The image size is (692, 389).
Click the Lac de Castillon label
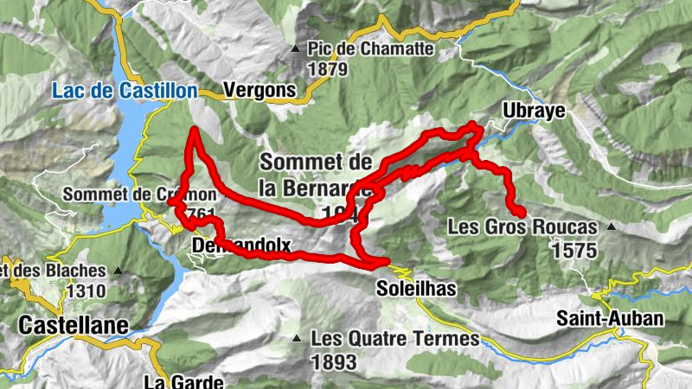[x=125, y=89]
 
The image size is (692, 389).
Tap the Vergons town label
[x=259, y=89]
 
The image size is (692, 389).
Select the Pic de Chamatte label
[x=370, y=49]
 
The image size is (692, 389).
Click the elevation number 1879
[x=327, y=69]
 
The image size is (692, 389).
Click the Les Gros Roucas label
[x=522, y=227]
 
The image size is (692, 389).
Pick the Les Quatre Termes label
[x=395, y=339]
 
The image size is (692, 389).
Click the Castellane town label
[x=73, y=325]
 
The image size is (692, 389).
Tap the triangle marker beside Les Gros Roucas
[x=611, y=227]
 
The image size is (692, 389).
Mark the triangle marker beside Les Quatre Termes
[x=298, y=338]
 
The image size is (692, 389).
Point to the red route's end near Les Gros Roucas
[x=522, y=212]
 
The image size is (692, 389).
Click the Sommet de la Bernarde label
[x=316, y=173]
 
